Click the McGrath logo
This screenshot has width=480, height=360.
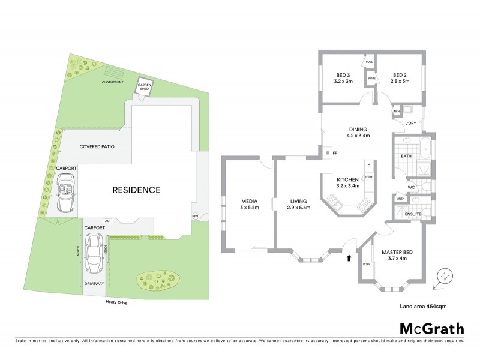pyautogui.click(x=431, y=328)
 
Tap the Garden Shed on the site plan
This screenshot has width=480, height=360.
pyautogui.click(x=145, y=88)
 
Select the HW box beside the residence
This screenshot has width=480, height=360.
pyautogui.click(x=195, y=216)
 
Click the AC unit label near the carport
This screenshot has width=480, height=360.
pyautogui.click(x=107, y=221)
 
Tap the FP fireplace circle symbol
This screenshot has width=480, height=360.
pyautogui.click(x=328, y=153)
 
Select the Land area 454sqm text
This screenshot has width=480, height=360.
pyautogui.click(x=423, y=306)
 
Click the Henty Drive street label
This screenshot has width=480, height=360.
pyautogui.click(x=114, y=302)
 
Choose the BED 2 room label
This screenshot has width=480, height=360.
pyautogui.click(x=400, y=77)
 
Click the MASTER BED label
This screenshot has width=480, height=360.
pyautogui.click(x=394, y=255)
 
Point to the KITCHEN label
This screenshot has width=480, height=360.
pyautogui.click(x=348, y=183)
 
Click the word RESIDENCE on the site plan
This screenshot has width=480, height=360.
pyautogui.click(x=137, y=190)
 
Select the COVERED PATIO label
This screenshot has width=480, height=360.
pyautogui.click(x=97, y=146)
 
